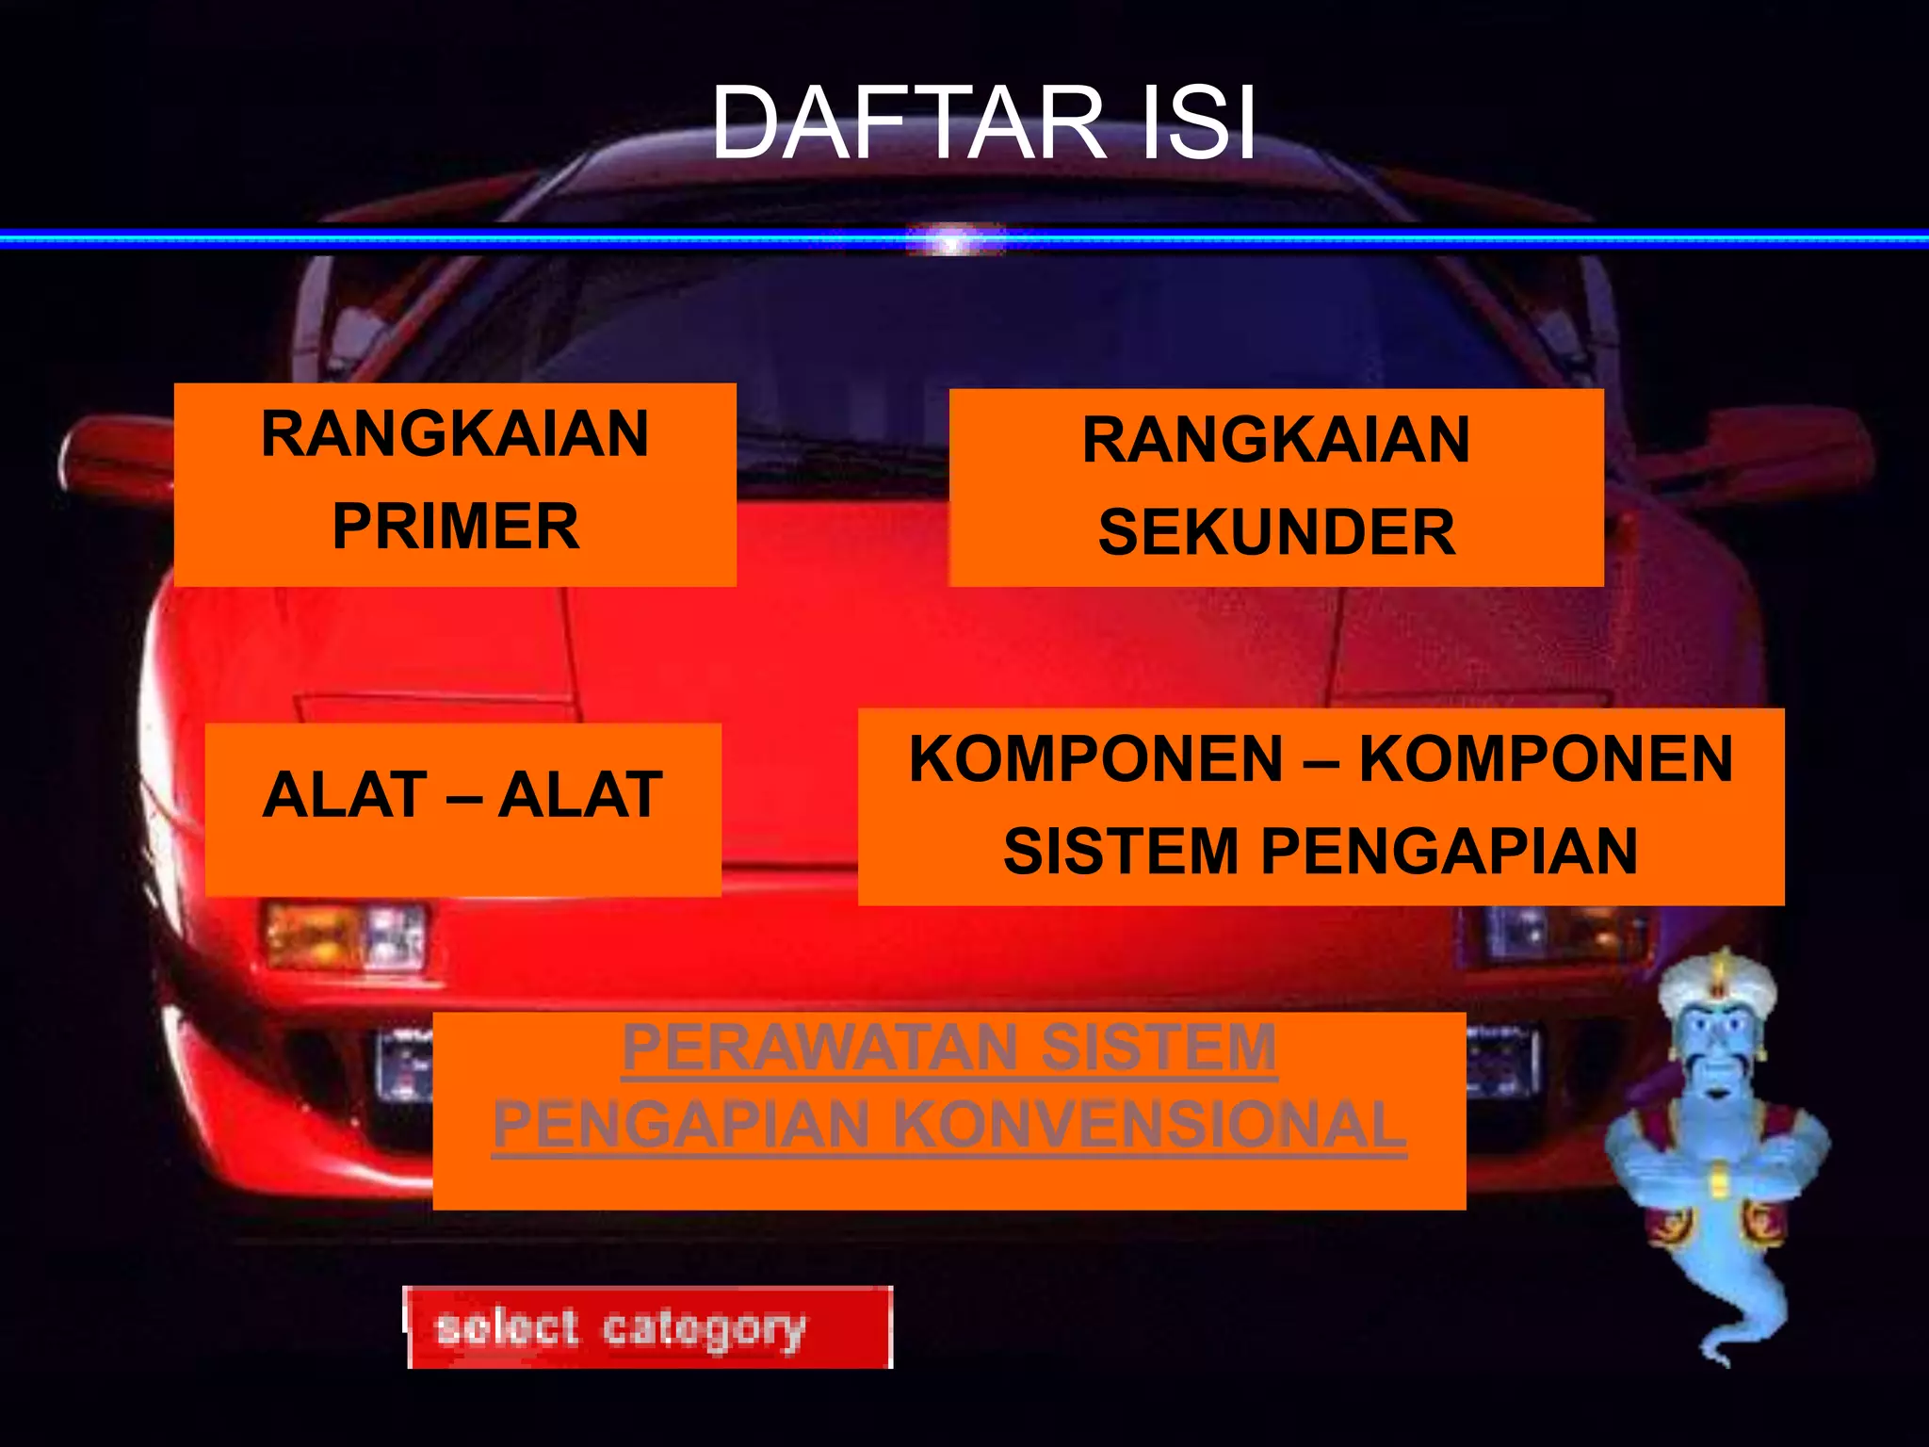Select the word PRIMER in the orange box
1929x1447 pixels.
tap(455, 526)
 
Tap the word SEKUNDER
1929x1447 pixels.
tap(1276, 532)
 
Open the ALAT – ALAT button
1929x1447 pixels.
tap(462, 796)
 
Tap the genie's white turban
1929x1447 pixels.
tap(1717, 985)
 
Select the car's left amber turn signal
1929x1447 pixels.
tap(311, 935)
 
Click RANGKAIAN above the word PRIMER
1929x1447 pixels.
tap(455, 434)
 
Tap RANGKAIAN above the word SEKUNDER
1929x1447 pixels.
tap(1276, 440)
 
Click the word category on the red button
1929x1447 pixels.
tap(704, 1329)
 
